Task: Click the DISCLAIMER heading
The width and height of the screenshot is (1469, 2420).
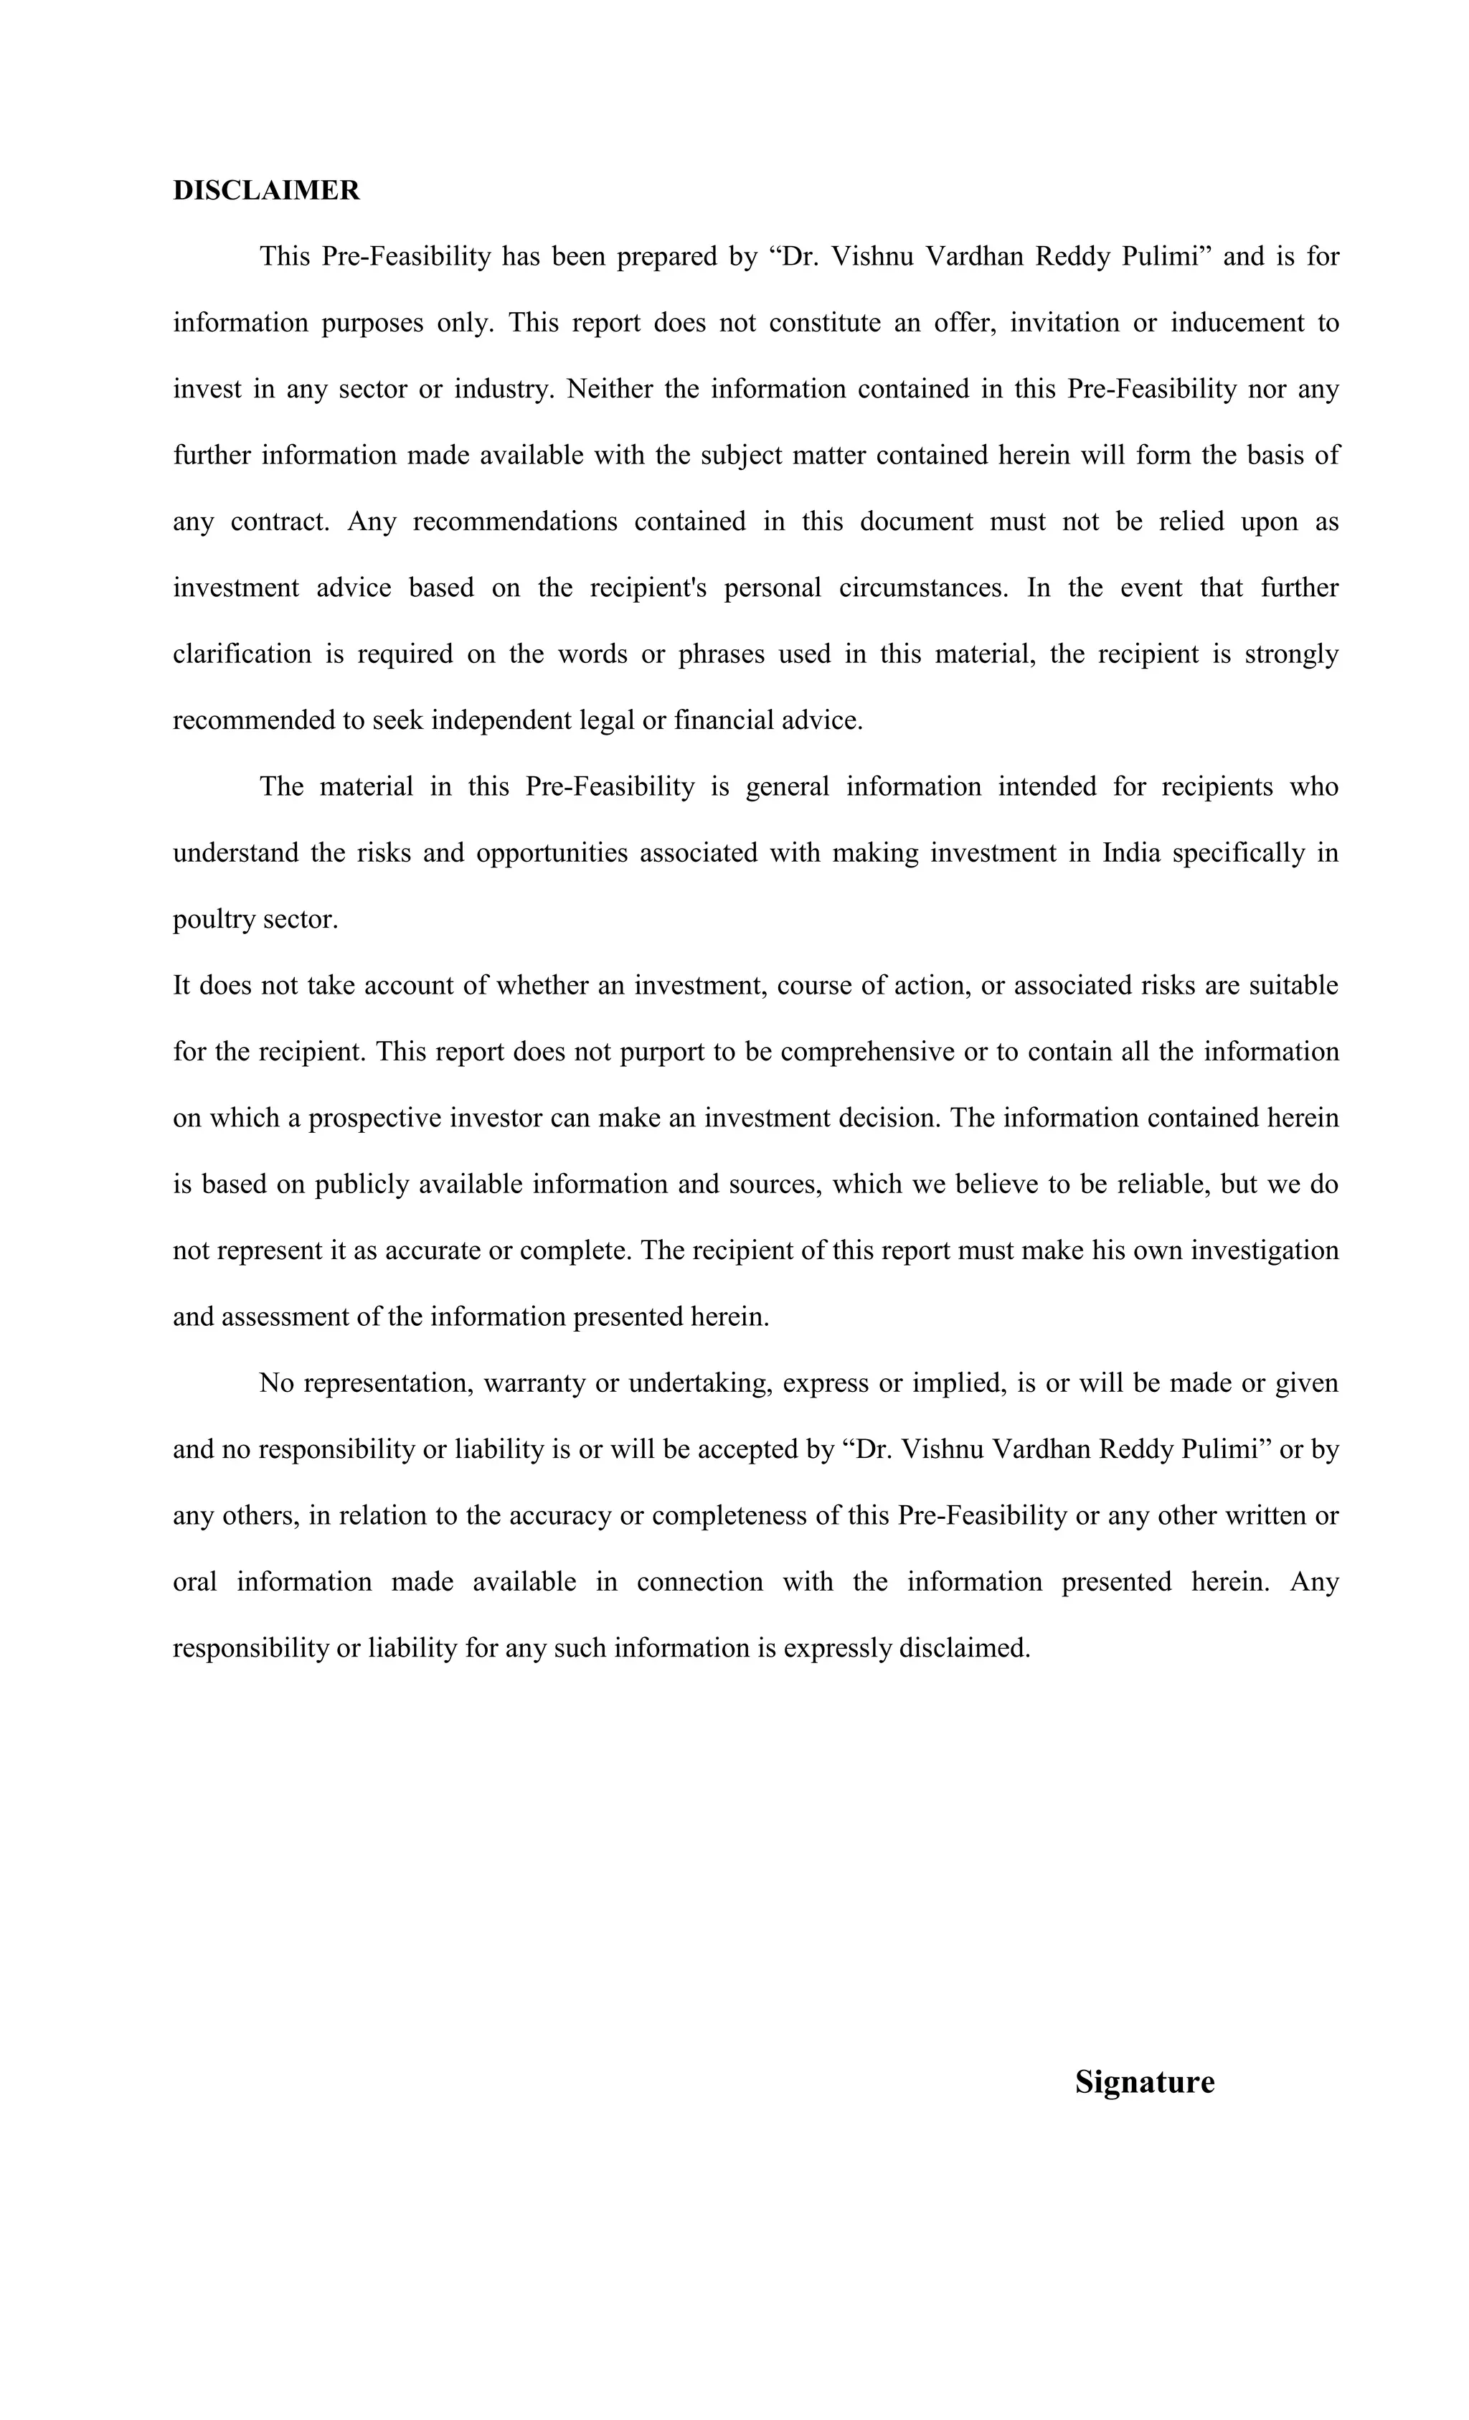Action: (x=266, y=191)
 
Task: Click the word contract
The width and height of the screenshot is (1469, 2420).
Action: (x=280, y=522)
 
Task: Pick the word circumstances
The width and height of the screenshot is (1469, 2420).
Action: (x=923, y=588)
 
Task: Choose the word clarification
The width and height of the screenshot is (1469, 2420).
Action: (x=242, y=654)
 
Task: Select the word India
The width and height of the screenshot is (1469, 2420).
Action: (x=1131, y=852)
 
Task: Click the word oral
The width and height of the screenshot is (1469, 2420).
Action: (x=194, y=1582)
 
